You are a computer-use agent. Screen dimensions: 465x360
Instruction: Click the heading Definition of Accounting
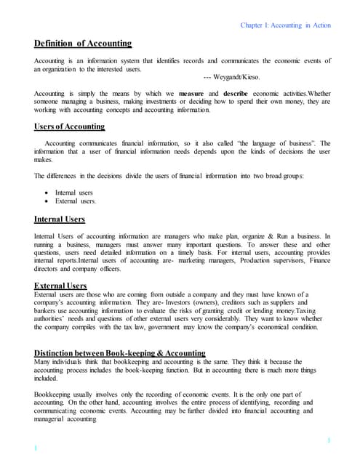[x=84, y=44]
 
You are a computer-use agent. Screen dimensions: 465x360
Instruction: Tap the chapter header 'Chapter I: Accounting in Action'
[x=285, y=25]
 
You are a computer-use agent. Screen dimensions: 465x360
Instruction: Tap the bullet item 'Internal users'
[x=76, y=192]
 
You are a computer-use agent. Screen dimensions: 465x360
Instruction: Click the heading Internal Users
[x=60, y=219]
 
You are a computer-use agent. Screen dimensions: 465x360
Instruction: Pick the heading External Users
[x=60, y=286]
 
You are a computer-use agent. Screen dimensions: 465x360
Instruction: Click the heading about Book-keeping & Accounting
[x=120, y=353]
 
